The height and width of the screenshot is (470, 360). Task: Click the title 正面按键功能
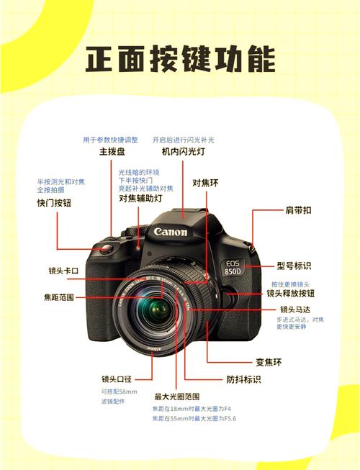click(180, 60)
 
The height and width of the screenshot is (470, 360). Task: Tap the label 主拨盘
click(112, 152)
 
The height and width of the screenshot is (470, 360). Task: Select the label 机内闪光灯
click(183, 152)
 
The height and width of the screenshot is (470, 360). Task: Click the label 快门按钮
click(55, 203)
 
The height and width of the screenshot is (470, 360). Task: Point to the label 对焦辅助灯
click(140, 197)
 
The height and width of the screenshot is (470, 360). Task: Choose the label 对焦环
click(205, 183)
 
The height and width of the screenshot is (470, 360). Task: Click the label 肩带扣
click(298, 210)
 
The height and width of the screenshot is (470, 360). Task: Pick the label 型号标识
click(296, 266)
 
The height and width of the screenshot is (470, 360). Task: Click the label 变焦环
click(270, 361)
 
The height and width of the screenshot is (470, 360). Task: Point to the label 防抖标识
click(243, 379)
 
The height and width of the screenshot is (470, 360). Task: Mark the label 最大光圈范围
click(177, 397)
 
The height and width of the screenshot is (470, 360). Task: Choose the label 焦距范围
click(57, 297)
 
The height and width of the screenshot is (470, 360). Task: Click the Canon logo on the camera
click(171, 232)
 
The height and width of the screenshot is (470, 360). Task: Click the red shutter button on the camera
click(104, 249)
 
